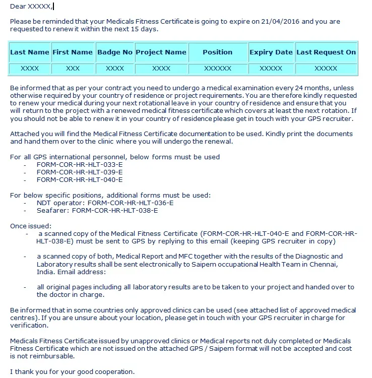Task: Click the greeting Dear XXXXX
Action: (31, 6)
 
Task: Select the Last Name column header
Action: (30, 52)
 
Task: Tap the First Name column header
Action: (73, 52)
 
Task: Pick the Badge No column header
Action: (115, 52)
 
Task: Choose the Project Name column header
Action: (161, 52)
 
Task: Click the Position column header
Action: (217, 52)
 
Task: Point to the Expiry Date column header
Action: (271, 52)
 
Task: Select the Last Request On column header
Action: (326, 52)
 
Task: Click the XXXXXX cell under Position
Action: (217, 68)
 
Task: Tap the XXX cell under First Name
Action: (73, 68)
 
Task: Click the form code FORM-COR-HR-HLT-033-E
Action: (80, 164)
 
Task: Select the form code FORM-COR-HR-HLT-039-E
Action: (80, 172)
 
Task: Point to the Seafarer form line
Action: (97, 210)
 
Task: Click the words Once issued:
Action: (31, 226)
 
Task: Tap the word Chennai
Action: (319, 265)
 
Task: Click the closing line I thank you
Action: (72, 372)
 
